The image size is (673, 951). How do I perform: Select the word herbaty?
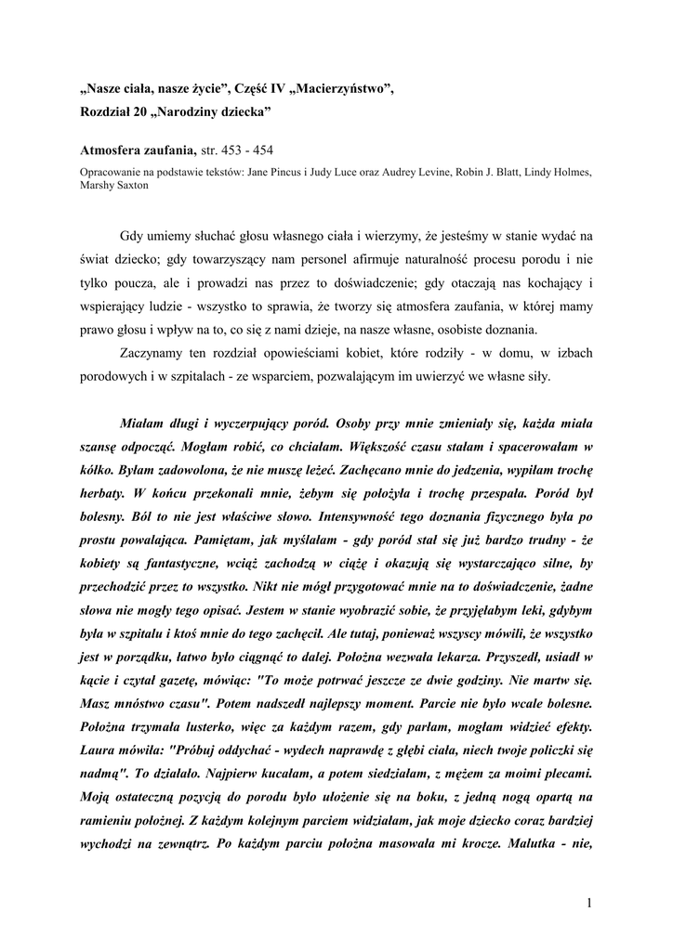[102, 472]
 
